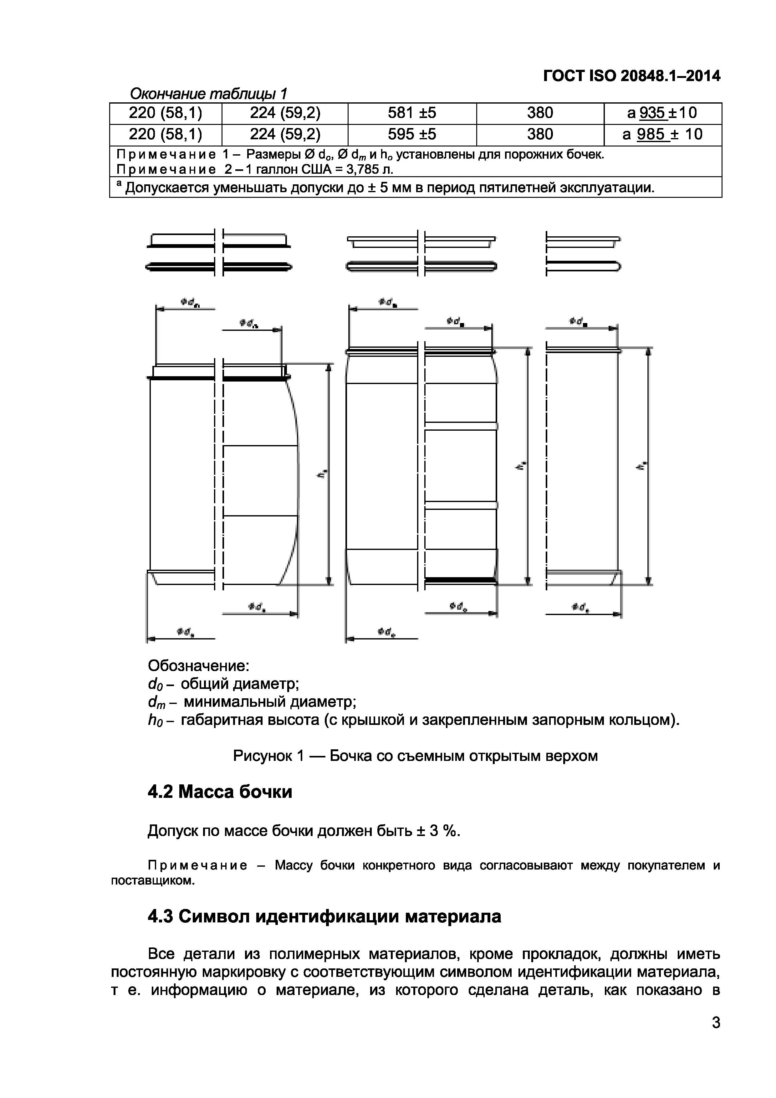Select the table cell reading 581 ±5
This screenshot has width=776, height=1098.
click(x=412, y=113)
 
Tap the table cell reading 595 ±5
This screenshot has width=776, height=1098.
click(x=412, y=134)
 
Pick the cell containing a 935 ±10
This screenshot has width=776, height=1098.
click(x=662, y=113)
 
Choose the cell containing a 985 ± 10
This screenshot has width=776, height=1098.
click(x=662, y=134)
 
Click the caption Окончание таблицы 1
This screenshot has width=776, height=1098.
click(x=208, y=94)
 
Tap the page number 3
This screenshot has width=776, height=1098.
click(x=716, y=1036)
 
